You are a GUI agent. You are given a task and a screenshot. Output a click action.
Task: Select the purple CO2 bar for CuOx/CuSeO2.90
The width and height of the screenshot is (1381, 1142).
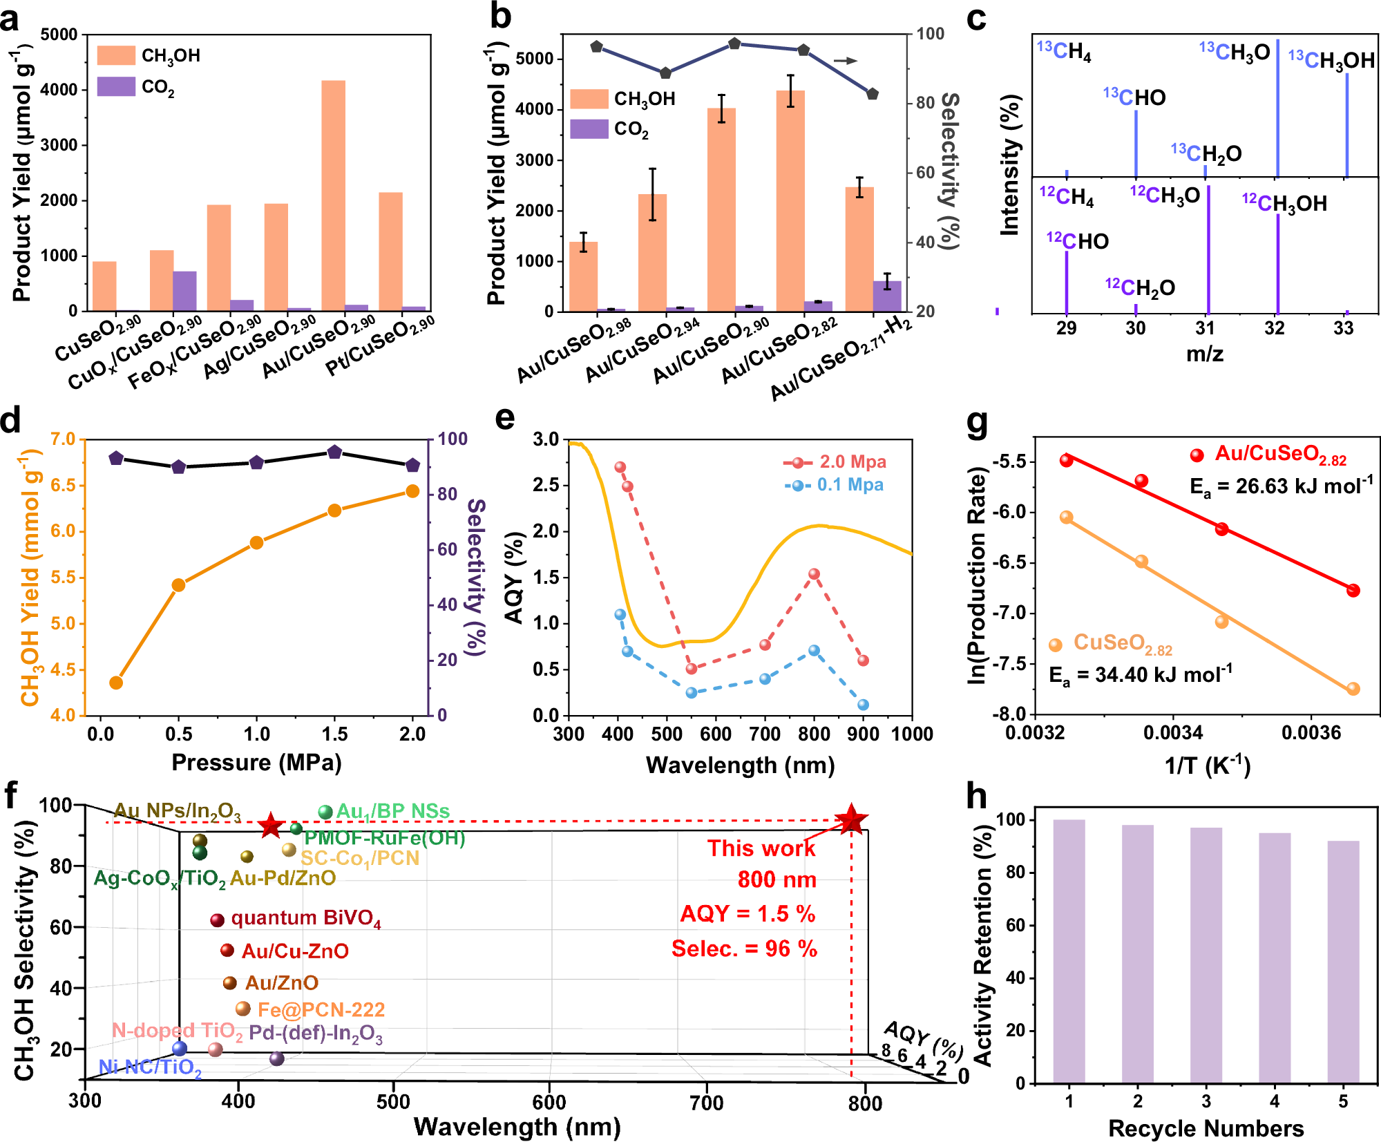(x=184, y=291)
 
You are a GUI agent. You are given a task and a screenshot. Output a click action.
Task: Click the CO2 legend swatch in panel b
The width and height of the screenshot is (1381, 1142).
(x=589, y=129)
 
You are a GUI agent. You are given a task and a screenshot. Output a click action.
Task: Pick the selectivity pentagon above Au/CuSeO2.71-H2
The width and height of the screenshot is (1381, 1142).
(x=873, y=94)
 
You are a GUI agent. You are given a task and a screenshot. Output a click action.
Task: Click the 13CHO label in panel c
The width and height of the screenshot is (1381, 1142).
(x=1134, y=97)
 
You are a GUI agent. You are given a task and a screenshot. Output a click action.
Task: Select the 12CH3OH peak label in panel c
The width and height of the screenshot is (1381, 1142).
(x=1284, y=203)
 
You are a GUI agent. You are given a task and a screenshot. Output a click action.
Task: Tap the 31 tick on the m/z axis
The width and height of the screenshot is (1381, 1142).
(x=1206, y=328)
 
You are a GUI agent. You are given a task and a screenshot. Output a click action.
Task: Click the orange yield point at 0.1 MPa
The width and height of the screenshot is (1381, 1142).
(x=116, y=683)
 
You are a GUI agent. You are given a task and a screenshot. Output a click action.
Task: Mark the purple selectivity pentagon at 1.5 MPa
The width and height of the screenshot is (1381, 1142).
(x=334, y=452)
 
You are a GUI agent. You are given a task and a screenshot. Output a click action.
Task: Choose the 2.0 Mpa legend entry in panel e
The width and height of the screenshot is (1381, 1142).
(x=836, y=461)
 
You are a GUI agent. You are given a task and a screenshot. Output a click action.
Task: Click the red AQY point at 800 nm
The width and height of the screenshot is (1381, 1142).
(x=815, y=574)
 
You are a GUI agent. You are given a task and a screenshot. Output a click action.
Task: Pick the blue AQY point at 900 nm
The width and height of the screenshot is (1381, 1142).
(x=863, y=705)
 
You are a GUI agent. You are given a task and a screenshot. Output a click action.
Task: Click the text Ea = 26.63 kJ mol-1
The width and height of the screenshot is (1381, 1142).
(x=1280, y=486)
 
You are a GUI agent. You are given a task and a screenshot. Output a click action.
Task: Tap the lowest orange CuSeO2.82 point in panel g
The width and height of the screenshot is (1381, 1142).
(x=1353, y=689)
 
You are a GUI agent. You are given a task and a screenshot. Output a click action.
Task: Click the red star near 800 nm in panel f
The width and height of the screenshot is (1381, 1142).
(x=850, y=820)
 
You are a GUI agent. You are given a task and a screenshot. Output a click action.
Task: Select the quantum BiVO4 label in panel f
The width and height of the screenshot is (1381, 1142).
(x=305, y=918)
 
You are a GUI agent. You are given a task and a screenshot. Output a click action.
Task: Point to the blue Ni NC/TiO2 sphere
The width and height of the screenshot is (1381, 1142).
(x=180, y=1049)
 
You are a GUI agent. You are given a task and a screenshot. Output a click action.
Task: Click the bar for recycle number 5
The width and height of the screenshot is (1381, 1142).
(x=1343, y=961)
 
